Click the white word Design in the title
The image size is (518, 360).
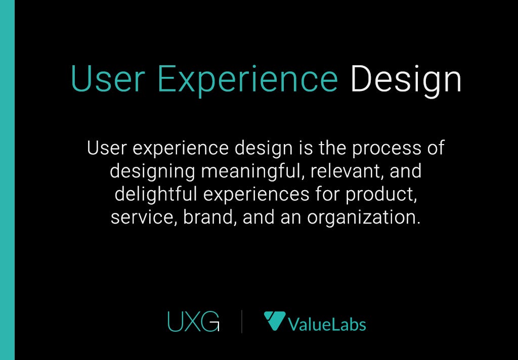coord(406,79)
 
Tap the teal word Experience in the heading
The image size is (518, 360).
coord(247,79)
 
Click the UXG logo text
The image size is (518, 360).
coord(193,322)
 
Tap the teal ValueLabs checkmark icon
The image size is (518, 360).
coord(274,321)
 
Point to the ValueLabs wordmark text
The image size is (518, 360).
coord(327,324)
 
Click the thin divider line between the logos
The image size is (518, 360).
coord(241,322)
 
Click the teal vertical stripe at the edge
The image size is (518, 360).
coord(7,180)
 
